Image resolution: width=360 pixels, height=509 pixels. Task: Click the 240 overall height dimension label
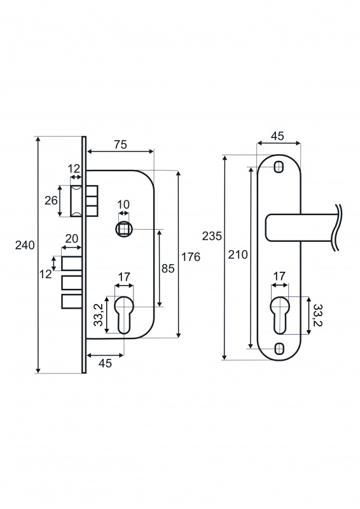click(x=25, y=246)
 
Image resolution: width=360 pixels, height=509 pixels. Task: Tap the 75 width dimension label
click(x=120, y=144)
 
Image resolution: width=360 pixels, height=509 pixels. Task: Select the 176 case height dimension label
click(x=191, y=257)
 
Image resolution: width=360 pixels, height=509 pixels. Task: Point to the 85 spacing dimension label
click(x=168, y=268)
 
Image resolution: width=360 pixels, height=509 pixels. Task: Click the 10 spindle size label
click(x=123, y=204)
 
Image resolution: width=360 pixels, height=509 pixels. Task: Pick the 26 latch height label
click(x=51, y=200)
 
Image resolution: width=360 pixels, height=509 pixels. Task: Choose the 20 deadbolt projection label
click(x=72, y=239)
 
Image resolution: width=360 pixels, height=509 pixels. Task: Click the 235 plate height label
click(x=212, y=236)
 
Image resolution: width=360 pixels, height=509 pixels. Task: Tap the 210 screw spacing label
click(x=238, y=254)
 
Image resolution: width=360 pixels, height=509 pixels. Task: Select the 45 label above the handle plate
click(x=277, y=136)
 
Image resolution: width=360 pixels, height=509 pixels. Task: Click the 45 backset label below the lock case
click(x=105, y=363)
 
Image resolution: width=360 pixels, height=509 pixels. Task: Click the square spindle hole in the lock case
click(x=123, y=230)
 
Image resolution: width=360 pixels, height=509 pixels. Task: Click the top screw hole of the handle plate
click(x=279, y=167)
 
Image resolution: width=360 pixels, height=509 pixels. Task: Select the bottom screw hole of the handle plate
click(x=279, y=349)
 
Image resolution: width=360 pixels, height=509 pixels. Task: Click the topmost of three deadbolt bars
click(x=71, y=263)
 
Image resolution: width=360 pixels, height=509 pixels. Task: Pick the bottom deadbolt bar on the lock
click(x=71, y=301)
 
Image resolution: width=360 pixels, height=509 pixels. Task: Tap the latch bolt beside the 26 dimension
click(x=76, y=200)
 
